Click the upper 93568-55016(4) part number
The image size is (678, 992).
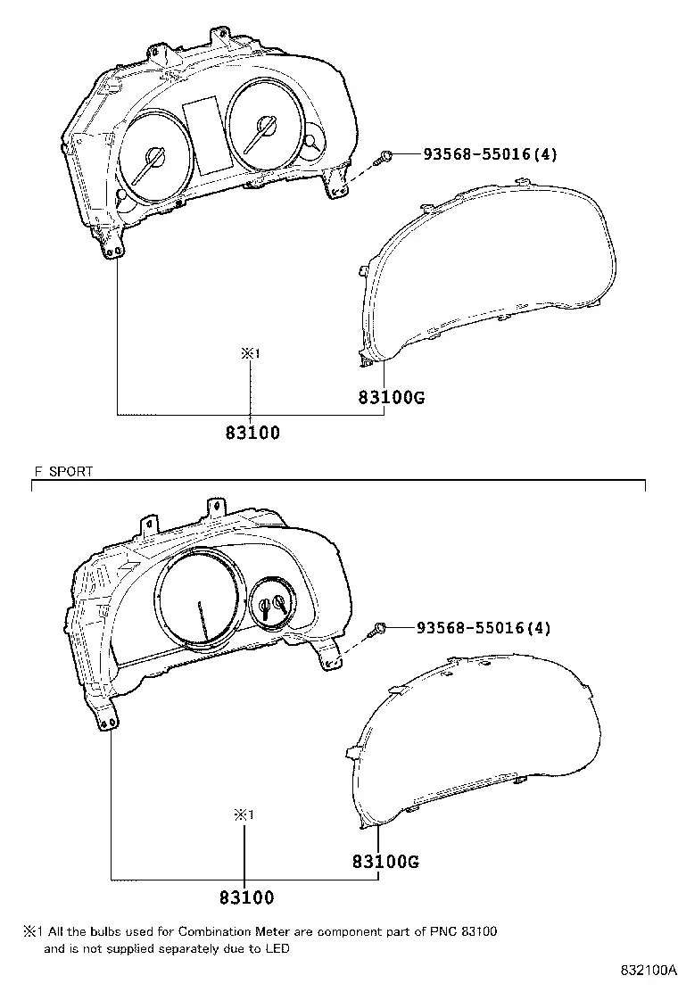490,153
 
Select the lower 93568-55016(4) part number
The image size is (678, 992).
484,628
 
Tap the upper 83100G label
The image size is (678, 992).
392,397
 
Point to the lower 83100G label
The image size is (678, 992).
385,861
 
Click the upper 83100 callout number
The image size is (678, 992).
252,433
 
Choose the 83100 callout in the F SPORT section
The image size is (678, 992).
246,897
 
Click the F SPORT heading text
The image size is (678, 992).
63,471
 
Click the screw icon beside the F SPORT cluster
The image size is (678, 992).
379,629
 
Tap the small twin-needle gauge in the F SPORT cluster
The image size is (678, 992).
273,603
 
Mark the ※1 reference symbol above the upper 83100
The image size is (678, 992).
251,354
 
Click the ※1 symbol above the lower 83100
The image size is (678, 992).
244,814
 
